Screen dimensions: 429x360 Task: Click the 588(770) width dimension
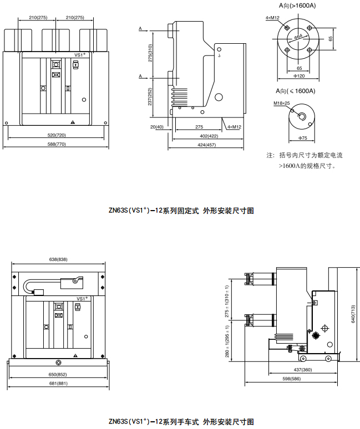56,144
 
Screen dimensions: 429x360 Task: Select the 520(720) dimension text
56,135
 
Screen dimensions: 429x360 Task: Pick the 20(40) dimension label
156,127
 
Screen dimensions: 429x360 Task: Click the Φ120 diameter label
299,76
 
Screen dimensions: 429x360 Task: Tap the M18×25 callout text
281,104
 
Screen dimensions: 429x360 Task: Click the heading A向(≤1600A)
296,91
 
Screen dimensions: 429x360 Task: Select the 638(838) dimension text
58,259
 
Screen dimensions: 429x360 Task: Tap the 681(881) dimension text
58,384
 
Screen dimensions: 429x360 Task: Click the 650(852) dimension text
58,374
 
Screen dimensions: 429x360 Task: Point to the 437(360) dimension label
302,369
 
